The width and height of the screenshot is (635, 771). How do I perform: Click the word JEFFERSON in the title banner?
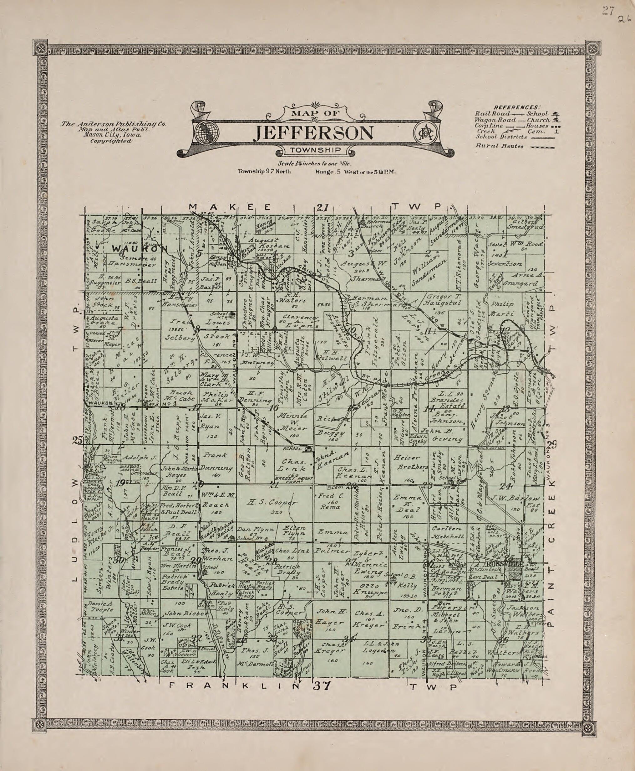313,133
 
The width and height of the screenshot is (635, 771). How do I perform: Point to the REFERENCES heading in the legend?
517,107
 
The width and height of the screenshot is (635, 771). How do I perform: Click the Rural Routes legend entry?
499,146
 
